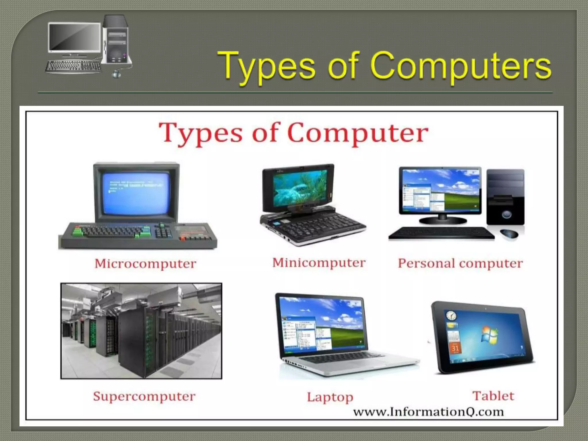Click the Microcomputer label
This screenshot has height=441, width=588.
click(146, 264)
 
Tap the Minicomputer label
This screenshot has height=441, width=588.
click(319, 263)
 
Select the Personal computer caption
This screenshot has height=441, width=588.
click(460, 264)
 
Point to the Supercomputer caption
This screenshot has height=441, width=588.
click(144, 396)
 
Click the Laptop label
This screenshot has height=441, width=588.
click(330, 397)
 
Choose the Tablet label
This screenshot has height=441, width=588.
click(493, 396)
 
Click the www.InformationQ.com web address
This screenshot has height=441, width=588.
click(428, 412)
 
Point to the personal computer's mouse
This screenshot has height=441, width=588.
click(509, 233)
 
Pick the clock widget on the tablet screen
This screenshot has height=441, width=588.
click(451, 316)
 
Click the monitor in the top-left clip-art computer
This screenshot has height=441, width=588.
click(75, 37)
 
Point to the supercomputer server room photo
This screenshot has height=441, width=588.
click(141, 331)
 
